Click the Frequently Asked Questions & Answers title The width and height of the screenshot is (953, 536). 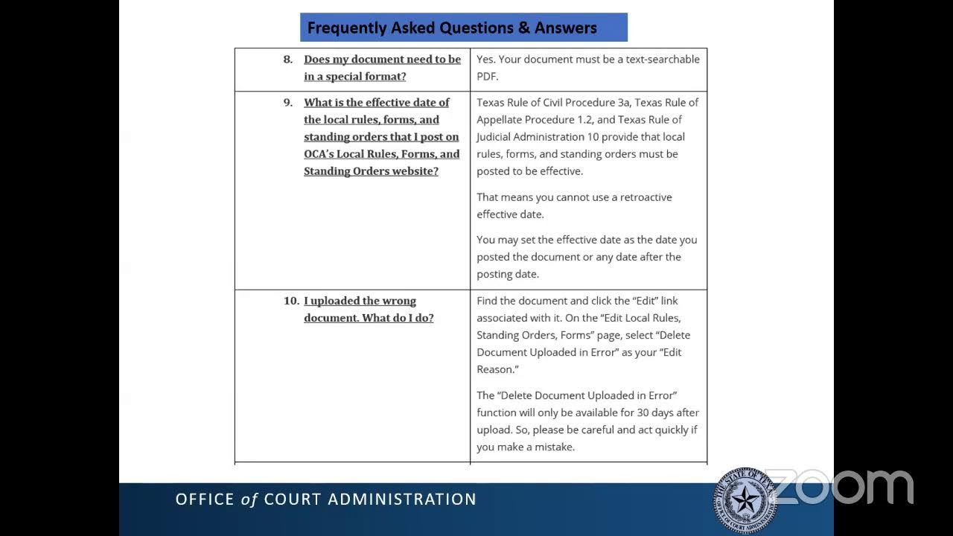pyautogui.click(x=452, y=28)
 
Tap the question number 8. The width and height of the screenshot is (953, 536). pyautogui.click(x=287, y=59)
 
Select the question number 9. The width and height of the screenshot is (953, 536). pyautogui.click(x=287, y=102)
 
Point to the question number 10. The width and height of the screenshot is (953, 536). pyautogui.click(x=291, y=301)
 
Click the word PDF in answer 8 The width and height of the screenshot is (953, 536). pyautogui.click(x=488, y=76)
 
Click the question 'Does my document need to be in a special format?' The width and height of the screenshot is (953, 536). pyautogui.click(x=381, y=68)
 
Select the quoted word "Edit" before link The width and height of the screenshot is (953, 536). pyautogui.click(x=644, y=301)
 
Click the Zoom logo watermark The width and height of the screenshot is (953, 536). pyautogui.click(x=839, y=487)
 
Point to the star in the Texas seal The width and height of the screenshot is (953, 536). pyautogui.click(x=745, y=500)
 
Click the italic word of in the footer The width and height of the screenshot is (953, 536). pyautogui.click(x=249, y=500)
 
